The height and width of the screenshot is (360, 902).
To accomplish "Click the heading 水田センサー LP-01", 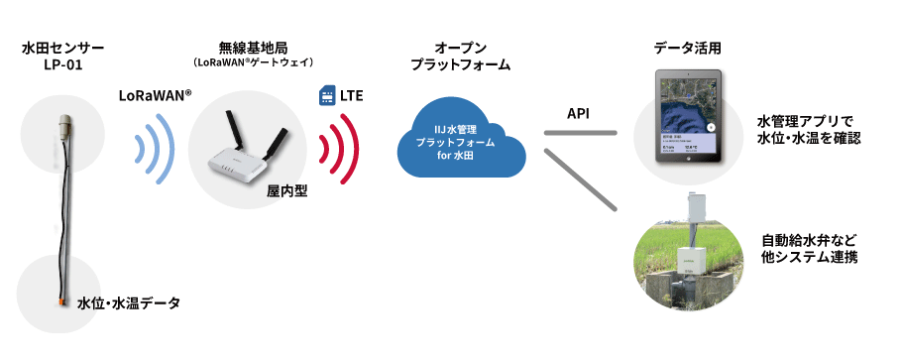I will coord(62,57).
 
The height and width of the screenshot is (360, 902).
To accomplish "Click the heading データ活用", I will coord(687,47).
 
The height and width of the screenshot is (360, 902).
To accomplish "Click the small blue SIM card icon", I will coord(326,96).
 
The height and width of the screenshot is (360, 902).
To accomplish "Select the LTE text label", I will coord(352,96).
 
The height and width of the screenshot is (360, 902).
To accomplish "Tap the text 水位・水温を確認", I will coord(808,139).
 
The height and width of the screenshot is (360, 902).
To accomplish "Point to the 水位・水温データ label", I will coord(129,302).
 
